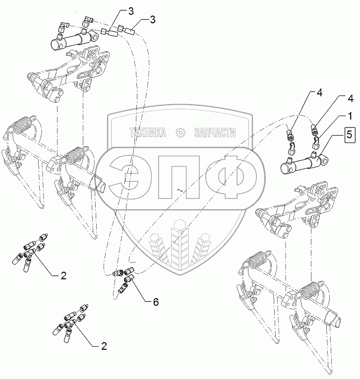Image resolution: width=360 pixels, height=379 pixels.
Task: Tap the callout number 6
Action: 155,301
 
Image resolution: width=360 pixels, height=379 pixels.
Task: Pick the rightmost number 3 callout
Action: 152,19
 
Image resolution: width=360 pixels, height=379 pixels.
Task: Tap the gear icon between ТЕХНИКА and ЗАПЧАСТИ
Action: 180,133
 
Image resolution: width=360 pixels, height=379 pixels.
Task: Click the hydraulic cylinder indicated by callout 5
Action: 300,163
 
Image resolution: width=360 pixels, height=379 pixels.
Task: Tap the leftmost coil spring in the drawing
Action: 24,124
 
